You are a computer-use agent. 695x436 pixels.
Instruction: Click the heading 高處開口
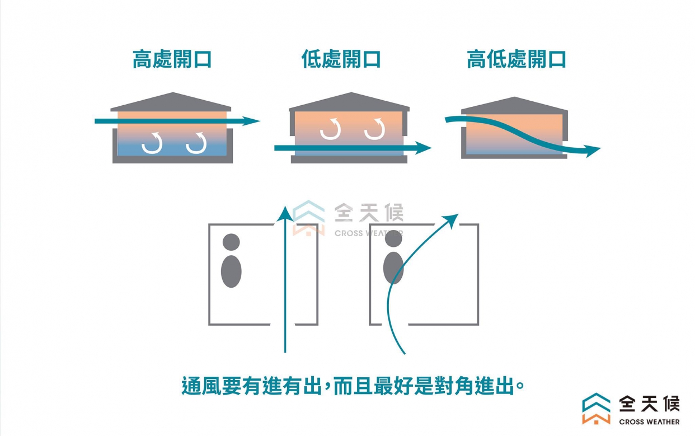coord(172,59)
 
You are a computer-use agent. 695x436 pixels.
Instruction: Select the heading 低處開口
coord(341,59)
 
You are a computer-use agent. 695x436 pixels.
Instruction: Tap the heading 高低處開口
coord(516,59)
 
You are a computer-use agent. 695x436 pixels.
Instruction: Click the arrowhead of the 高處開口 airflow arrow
coord(253,121)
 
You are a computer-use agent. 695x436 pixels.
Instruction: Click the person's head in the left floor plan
coord(231,242)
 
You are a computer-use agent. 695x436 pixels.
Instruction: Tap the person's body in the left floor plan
coord(231,271)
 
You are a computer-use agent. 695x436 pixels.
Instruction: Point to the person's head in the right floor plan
coord(393,238)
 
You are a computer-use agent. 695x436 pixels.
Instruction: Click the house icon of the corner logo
coord(597,409)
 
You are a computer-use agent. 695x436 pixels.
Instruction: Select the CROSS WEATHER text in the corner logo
coord(649,421)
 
